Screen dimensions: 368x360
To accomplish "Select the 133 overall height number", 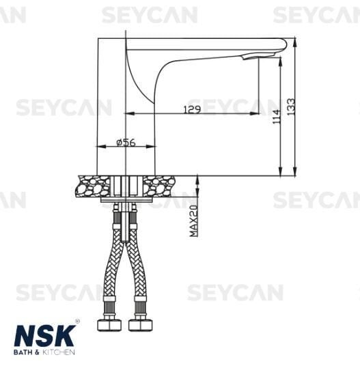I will click(291, 106).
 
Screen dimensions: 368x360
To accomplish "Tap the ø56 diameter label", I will click(126, 142).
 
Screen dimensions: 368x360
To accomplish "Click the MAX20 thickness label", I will click(193, 221).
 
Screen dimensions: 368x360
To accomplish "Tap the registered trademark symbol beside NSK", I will click(77, 322).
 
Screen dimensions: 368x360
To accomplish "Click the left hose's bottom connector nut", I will click(111, 322).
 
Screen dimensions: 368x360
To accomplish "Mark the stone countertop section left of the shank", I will click(95, 186).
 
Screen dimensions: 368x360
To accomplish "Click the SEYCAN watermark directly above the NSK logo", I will click(59, 293).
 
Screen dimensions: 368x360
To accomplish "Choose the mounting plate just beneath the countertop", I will click(127, 200).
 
